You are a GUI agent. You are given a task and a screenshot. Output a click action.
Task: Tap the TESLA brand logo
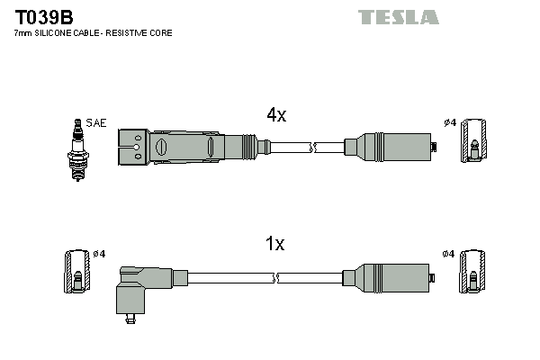[x=398, y=17]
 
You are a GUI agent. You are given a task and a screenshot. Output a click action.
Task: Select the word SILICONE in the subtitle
[x=59, y=33]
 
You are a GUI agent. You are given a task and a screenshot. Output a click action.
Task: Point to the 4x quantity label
[x=275, y=115]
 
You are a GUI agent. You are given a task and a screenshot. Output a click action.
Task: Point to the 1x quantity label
[x=275, y=244]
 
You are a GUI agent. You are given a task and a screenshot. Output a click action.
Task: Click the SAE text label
[x=95, y=121]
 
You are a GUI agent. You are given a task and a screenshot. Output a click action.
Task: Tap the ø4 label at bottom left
[x=99, y=254]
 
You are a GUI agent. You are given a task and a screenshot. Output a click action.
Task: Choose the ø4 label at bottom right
[x=448, y=254]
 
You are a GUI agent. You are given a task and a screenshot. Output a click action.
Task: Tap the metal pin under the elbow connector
[x=132, y=316]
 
